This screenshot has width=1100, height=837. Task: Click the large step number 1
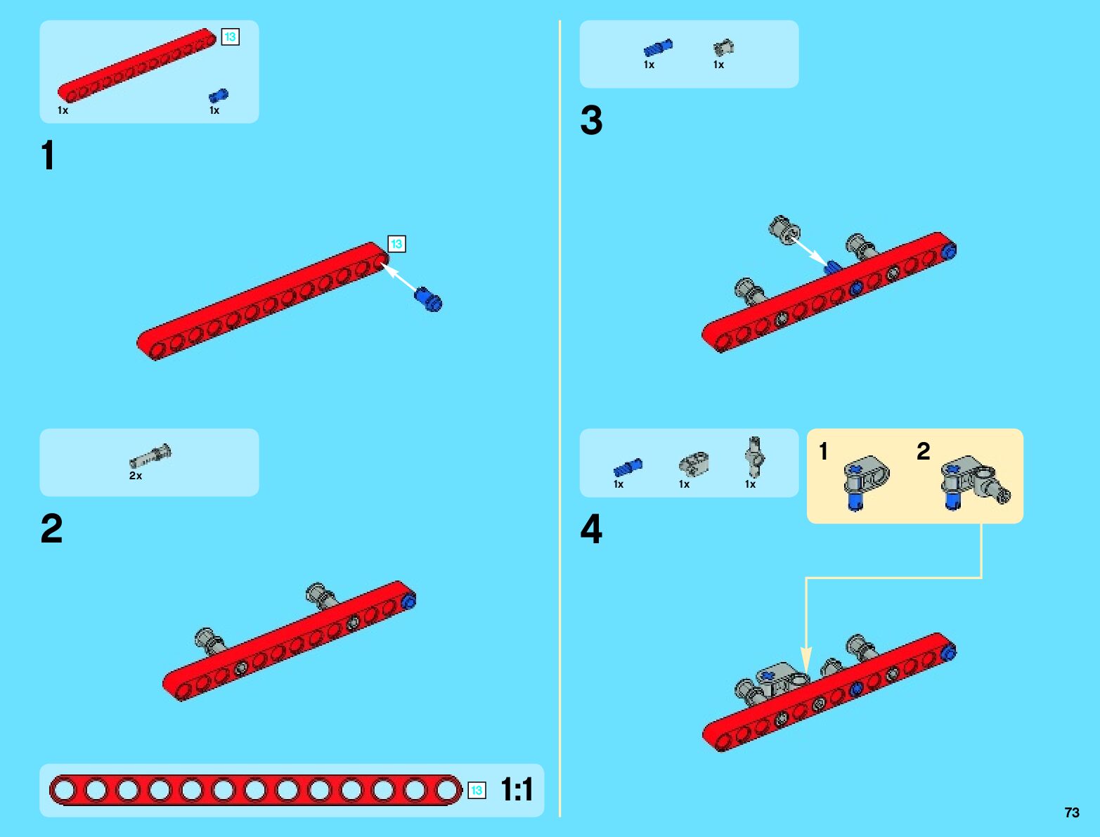[x=48, y=155]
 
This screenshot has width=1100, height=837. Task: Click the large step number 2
[x=51, y=528]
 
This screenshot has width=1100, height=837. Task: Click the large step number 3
[x=591, y=120]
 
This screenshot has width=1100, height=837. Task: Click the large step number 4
[x=591, y=529]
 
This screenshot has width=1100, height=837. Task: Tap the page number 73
[x=1071, y=812]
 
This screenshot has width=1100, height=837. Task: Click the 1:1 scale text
[x=517, y=790]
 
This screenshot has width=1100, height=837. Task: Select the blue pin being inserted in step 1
[x=428, y=299]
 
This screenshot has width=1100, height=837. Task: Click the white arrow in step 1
[x=399, y=278]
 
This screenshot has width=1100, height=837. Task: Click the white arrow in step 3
[x=808, y=250]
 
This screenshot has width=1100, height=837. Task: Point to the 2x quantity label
[x=136, y=476]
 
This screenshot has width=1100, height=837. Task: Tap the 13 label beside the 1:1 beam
[x=477, y=791]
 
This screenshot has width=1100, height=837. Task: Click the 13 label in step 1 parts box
[x=230, y=37]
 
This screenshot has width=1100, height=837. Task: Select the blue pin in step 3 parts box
[x=658, y=48]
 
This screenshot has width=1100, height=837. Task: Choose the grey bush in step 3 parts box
[x=723, y=48]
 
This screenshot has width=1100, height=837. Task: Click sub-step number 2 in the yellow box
[x=923, y=451]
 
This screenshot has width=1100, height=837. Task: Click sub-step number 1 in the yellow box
[x=823, y=451]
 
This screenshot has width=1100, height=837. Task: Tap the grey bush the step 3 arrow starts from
[x=784, y=228]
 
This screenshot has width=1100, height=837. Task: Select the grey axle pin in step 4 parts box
[x=754, y=458]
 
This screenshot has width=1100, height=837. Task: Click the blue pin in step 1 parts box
[x=219, y=96]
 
